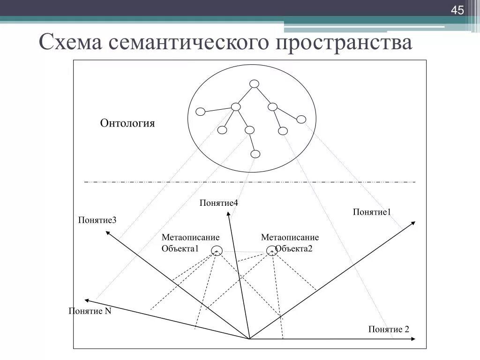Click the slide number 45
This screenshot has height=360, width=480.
tap(457, 10)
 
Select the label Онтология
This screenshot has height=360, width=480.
tap(127, 123)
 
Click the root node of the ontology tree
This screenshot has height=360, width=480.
tap(254, 84)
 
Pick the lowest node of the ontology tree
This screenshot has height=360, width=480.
tap(255, 153)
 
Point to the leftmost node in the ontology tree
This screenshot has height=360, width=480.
tap(200, 112)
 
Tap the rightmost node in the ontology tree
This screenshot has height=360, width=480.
tap(301, 119)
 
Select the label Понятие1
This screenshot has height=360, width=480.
tap(372, 212)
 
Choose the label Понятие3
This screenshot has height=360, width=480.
tap(97, 220)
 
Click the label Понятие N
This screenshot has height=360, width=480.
tap(90, 311)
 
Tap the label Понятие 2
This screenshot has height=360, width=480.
tap(389, 329)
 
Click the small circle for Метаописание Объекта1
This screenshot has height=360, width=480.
tap(217, 250)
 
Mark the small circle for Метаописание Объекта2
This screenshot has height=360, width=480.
tap(271, 250)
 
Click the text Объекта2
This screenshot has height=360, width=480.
tap(294, 249)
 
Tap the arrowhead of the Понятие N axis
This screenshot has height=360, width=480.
tap(86, 300)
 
